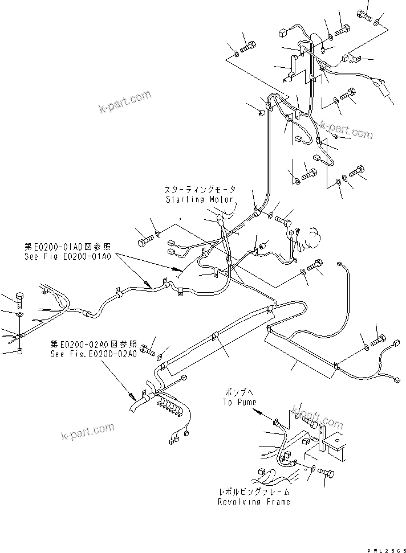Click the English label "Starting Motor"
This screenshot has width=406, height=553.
tap(200, 200)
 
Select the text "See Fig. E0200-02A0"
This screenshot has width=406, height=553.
tap(93, 354)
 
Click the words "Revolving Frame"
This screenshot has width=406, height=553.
tap(254, 502)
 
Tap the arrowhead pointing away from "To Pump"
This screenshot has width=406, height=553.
tap(258, 411)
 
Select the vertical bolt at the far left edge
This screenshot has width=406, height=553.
tap(19, 298)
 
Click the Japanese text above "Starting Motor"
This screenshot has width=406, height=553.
tap(200, 190)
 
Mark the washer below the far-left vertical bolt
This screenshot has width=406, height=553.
tap(19, 314)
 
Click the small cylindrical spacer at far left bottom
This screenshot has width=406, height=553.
tap(19, 351)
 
